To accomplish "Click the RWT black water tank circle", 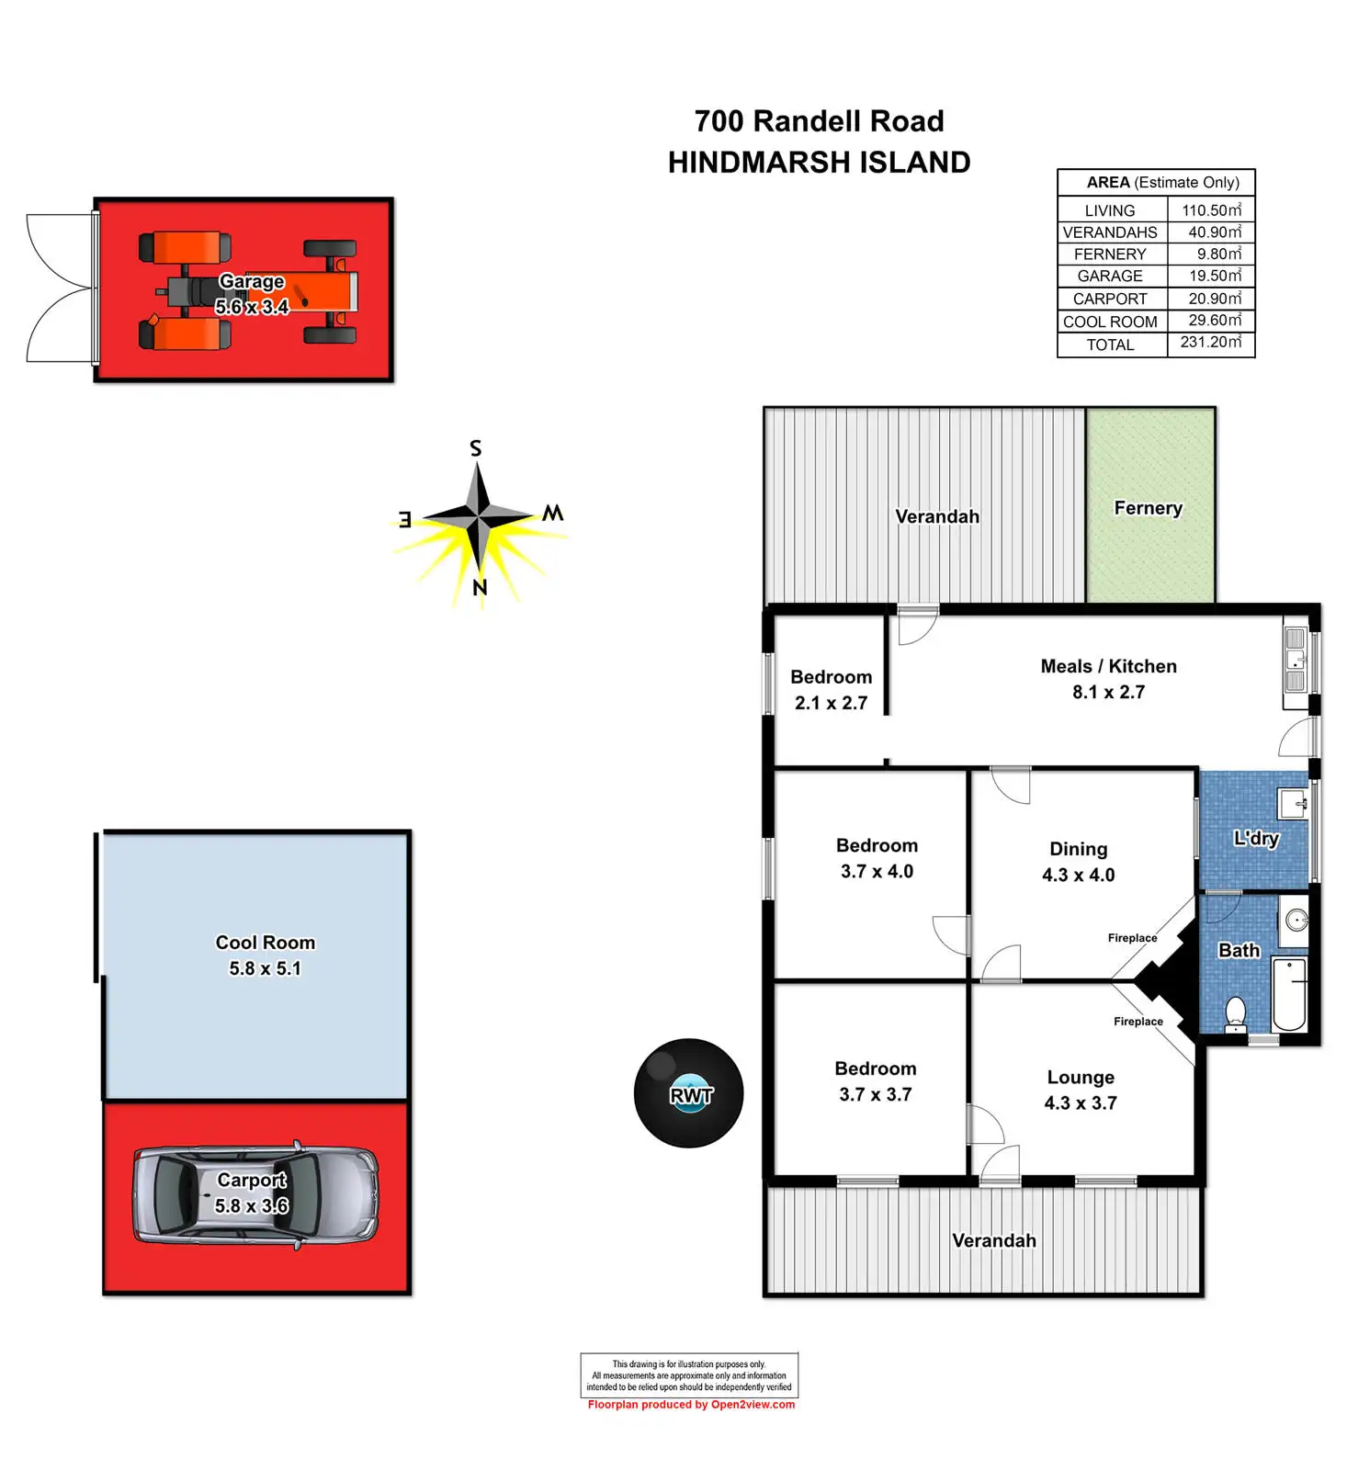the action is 688,1092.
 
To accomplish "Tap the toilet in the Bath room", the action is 1236,1014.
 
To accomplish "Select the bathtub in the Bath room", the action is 1289,993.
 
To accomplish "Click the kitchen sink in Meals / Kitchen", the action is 1296,660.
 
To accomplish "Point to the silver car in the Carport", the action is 255,1194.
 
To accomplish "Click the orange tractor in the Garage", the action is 248,292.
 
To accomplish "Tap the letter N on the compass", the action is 479,588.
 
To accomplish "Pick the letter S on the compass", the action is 475,448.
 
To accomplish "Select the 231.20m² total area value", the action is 1211,342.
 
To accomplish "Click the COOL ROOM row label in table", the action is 1110,322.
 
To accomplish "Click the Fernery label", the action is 1148,508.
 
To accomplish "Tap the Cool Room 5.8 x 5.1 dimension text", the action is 266,968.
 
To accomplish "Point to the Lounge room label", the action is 1081,1077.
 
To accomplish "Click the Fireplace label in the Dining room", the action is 1132,938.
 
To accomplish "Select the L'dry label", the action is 1256,838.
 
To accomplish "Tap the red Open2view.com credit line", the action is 691,1405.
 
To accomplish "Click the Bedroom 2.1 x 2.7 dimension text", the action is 831,703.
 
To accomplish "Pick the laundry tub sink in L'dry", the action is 1293,803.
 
